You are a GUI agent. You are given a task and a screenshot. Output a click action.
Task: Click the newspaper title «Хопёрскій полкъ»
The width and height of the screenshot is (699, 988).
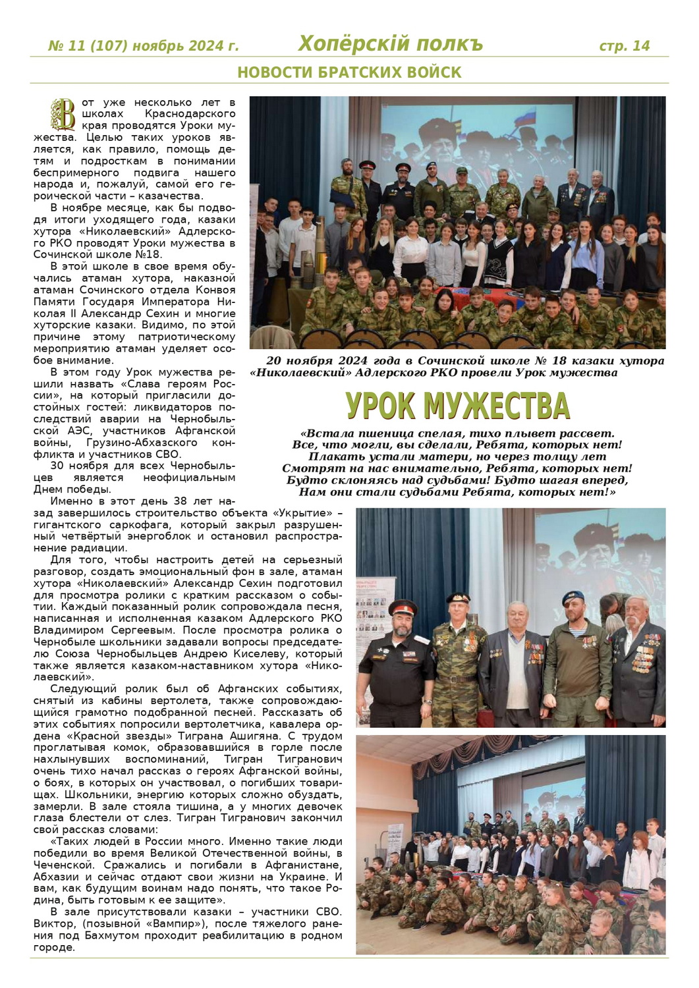tap(390, 43)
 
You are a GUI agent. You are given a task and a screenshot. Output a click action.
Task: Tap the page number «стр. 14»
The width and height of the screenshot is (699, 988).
tap(624, 45)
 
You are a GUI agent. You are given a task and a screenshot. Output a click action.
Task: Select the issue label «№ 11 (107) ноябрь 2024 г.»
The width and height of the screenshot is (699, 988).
tap(144, 46)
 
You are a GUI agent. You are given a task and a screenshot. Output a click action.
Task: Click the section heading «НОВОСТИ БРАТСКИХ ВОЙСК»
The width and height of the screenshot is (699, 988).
tap(349, 72)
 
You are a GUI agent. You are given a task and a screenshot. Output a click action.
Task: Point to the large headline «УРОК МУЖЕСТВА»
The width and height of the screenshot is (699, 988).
tap(457, 406)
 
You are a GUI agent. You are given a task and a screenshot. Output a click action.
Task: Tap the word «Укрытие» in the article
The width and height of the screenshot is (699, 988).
tap(302, 513)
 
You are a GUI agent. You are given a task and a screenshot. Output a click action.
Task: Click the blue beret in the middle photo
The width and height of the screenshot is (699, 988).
tap(573, 597)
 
